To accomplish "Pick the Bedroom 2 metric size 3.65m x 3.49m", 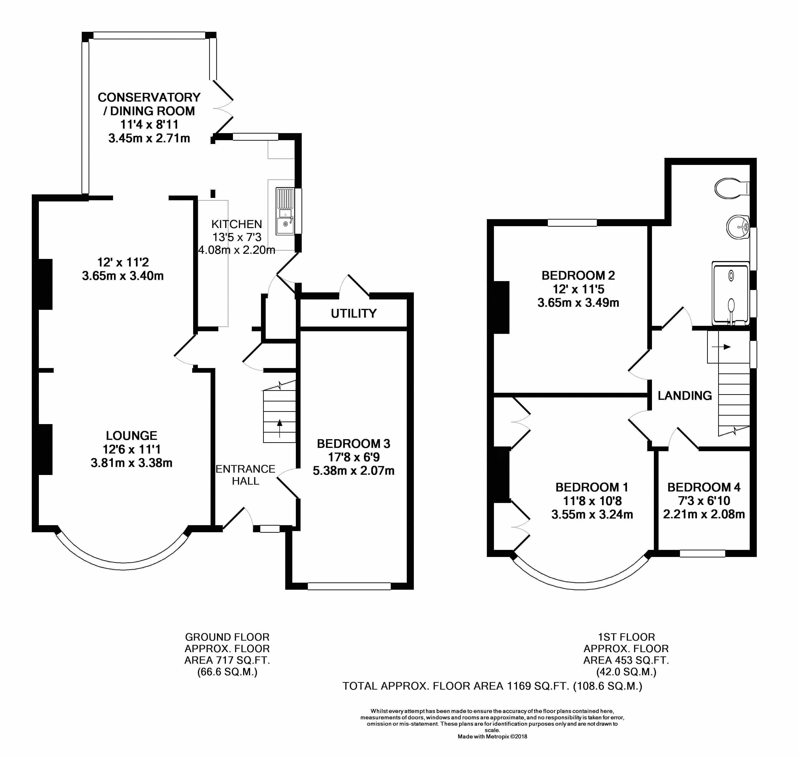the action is pos(578,303).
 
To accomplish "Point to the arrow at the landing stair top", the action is pos(721,347).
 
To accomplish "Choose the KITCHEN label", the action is pos(237,224).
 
